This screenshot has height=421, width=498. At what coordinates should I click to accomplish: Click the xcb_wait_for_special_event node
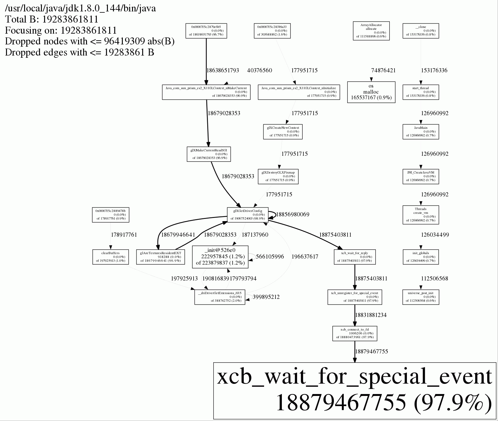point(355,391)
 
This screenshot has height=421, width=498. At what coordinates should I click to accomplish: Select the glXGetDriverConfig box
point(248,214)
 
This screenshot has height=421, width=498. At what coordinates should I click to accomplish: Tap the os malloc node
point(371,92)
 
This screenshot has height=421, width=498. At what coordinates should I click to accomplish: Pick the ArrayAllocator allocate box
point(371,31)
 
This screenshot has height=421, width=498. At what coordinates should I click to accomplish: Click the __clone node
point(421,31)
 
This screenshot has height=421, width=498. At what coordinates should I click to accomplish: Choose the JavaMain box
point(421,132)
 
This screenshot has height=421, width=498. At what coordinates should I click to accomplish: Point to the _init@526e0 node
point(220,257)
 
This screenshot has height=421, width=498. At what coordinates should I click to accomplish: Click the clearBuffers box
point(110,257)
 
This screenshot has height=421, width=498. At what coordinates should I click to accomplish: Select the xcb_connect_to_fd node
point(355,333)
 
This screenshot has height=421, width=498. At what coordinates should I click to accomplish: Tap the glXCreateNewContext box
point(283,132)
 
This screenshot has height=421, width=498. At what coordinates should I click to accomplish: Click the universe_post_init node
point(421,297)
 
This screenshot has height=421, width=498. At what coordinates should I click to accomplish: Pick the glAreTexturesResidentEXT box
point(160,257)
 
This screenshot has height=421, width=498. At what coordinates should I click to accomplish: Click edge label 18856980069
point(293,214)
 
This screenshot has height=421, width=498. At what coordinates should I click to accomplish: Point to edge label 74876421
point(383,70)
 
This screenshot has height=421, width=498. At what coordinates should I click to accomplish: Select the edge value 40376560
point(260,70)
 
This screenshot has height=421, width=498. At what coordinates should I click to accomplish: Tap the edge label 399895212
point(266,297)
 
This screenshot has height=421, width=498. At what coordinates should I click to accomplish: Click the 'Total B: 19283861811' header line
point(52,19)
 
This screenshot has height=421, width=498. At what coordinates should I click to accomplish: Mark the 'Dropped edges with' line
point(79,52)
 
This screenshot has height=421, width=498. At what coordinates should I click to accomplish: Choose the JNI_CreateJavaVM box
point(421,176)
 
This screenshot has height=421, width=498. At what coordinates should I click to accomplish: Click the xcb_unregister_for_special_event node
point(355,297)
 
